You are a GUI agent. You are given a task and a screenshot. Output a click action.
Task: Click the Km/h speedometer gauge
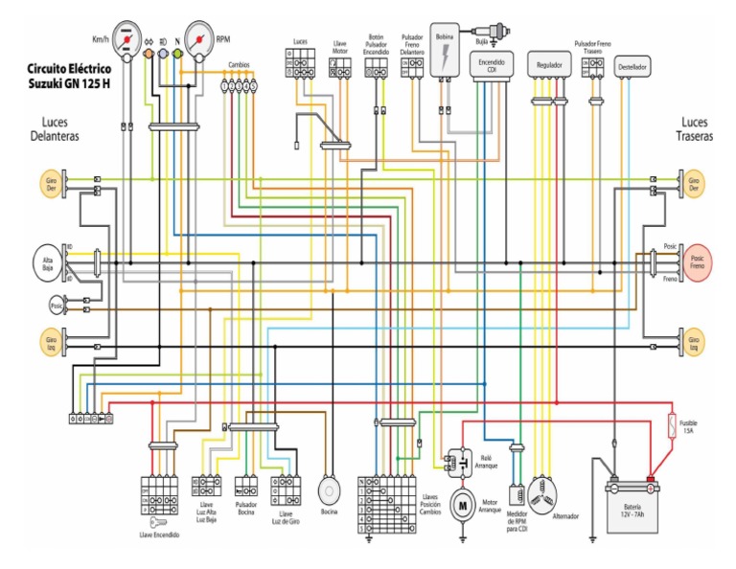[126, 38]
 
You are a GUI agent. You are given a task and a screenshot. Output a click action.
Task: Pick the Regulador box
[549, 65]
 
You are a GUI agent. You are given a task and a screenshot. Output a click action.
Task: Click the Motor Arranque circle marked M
[462, 504]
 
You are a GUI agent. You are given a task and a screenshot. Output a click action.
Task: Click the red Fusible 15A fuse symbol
[671, 422]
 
